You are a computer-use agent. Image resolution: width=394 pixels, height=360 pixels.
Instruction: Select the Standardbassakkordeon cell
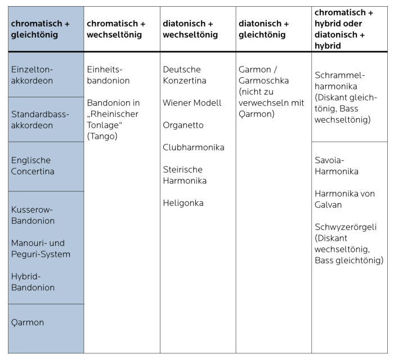tap(40, 120)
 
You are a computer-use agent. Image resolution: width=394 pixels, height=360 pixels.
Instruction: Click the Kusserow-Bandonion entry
tap(34, 215)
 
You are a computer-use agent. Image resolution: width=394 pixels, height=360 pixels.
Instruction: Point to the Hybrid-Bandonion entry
tap(33, 282)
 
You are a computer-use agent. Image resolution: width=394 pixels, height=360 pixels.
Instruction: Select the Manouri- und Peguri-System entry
tap(41, 249)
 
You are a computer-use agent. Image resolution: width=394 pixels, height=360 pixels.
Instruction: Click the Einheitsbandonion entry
tap(109, 75)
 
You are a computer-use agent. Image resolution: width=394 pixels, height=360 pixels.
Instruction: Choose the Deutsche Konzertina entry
tap(185, 75)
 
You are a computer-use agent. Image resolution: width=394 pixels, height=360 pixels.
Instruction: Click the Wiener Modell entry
tap(192, 103)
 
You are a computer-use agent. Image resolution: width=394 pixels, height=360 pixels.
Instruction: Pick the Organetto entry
tap(183, 125)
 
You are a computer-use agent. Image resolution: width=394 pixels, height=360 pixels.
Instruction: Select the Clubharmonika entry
tap(194, 147)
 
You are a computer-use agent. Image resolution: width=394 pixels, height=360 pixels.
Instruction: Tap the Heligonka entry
tap(183, 202)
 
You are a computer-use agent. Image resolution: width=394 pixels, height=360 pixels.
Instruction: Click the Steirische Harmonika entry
tap(185, 175)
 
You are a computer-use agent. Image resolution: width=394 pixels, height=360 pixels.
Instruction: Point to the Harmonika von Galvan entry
tap(344, 199)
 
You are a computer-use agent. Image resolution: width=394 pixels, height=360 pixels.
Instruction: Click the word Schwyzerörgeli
tap(346, 227)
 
